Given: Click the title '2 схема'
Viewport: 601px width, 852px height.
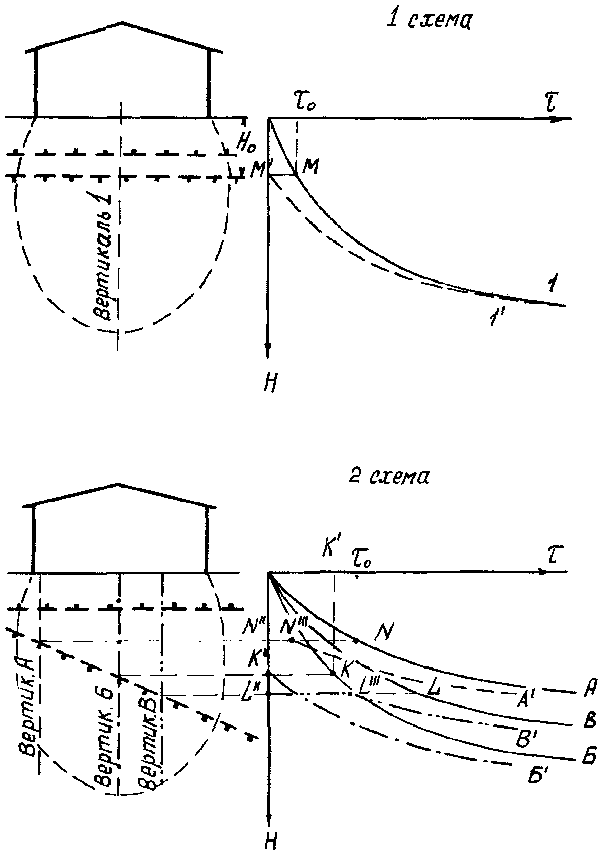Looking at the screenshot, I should tap(389, 477).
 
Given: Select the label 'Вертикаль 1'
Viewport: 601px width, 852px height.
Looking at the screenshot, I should tap(103, 256).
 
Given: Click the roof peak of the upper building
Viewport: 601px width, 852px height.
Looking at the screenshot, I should tap(123, 23).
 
